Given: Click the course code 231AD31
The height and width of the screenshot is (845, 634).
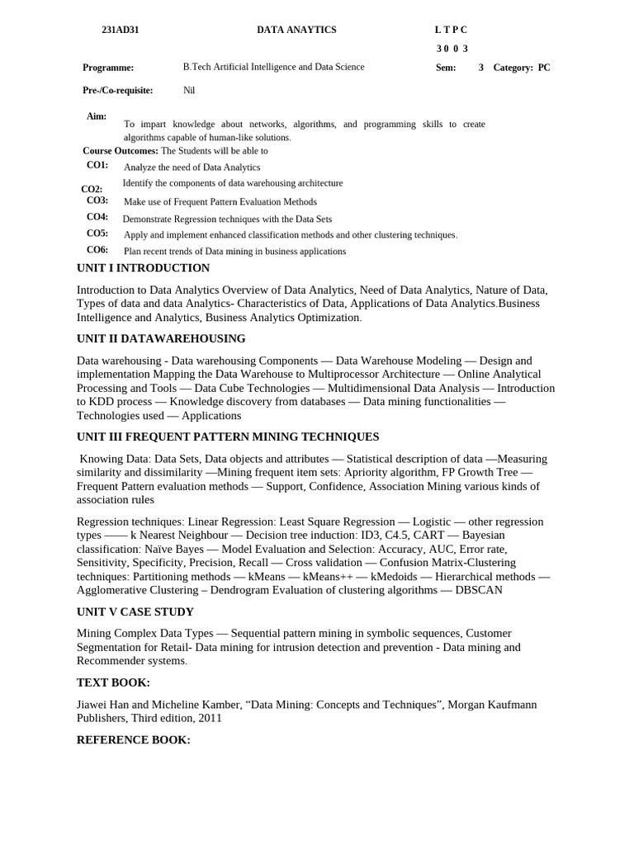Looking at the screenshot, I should [x=120, y=30].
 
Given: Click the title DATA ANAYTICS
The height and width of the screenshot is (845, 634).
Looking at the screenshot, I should [x=296, y=30].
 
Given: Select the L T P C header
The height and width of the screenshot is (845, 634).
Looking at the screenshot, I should [x=451, y=30].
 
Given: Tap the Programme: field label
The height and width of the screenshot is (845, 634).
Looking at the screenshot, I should [x=108, y=68].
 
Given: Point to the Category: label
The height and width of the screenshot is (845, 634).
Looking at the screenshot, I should [x=513, y=68].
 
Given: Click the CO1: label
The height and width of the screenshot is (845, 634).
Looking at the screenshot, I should [x=97, y=165].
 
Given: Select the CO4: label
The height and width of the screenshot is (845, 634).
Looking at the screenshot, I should [x=97, y=217].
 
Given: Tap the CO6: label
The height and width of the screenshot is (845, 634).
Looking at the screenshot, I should [x=97, y=249].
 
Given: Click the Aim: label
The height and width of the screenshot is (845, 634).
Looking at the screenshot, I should [x=97, y=116].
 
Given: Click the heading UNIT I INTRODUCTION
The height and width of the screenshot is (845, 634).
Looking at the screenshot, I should [x=143, y=268].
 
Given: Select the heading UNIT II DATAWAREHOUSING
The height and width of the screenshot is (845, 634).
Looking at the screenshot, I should [x=161, y=338].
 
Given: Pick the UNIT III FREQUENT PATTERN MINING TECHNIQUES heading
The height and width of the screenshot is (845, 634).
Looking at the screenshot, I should [x=228, y=437].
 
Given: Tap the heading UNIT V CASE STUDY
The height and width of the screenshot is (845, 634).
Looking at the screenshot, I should [x=135, y=611].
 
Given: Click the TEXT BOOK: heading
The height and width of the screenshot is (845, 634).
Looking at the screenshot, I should [x=113, y=682].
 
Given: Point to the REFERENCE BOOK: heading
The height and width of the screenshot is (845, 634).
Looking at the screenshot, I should [x=134, y=740].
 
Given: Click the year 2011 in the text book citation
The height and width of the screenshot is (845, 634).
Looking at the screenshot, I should [x=210, y=718].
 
